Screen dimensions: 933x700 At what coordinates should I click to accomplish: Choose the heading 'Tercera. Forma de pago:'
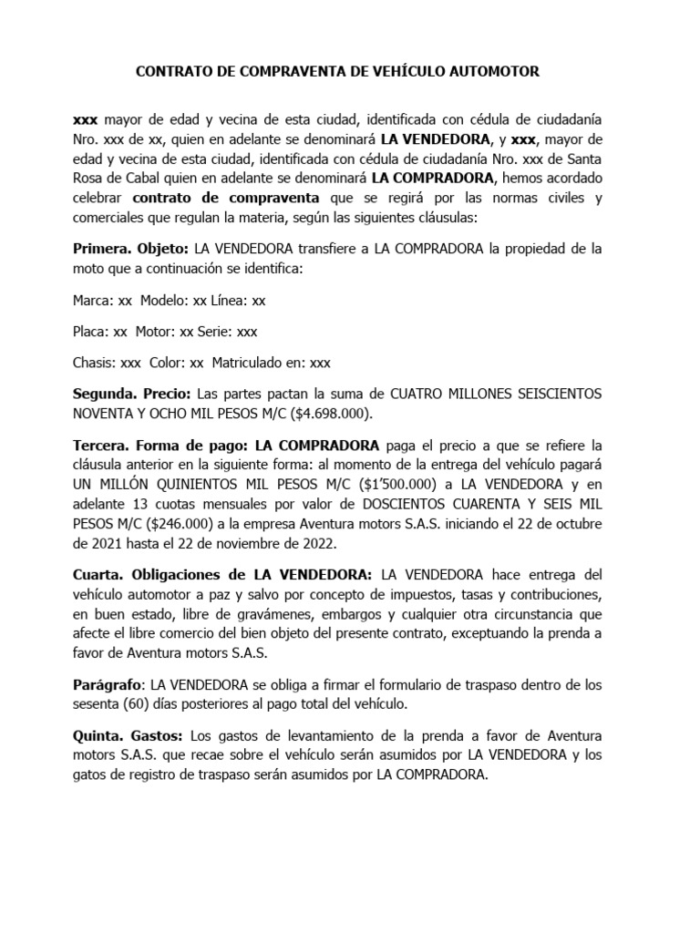coord(160,446)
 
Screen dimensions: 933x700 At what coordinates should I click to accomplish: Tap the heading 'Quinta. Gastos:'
coord(129,735)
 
